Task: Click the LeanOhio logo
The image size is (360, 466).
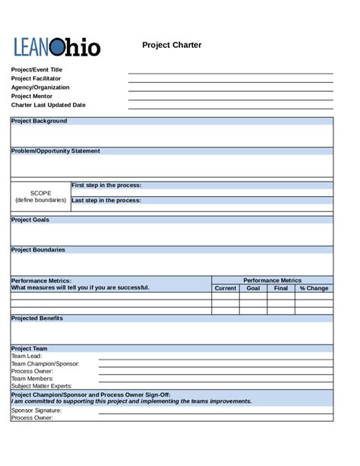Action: tap(56, 47)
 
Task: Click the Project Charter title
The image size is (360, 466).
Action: tap(172, 45)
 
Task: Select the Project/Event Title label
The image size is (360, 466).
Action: tap(36, 69)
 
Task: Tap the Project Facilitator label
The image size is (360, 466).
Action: tap(36, 78)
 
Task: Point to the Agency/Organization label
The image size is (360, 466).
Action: tap(40, 87)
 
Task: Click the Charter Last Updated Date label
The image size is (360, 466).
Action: tap(48, 106)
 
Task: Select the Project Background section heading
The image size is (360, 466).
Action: tap(39, 121)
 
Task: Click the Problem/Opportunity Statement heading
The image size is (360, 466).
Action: tap(55, 151)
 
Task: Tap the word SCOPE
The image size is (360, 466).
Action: tap(40, 193)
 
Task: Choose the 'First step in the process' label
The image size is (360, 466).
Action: tap(106, 185)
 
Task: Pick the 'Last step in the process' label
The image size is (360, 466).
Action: tap(106, 201)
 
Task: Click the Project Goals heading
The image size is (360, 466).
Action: tap(30, 220)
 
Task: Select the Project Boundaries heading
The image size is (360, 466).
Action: tap(38, 249)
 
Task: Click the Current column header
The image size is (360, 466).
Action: tap(226, 288)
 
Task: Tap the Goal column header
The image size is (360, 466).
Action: tap(253, 288)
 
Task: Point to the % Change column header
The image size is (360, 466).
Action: tap(314, 288)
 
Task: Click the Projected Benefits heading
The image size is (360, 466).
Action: tap(37, 318)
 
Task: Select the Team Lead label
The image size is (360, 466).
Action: tap(27, 356)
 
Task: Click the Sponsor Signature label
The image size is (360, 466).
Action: tap(36, 410)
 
